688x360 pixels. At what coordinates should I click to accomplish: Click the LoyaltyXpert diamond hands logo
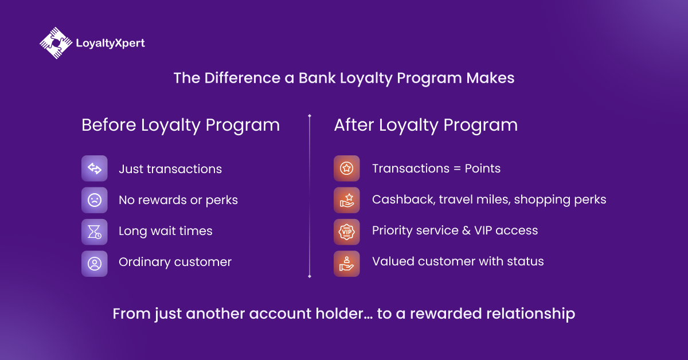[x=56, y=43]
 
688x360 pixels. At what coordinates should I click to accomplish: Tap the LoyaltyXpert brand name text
[x=110, y=44]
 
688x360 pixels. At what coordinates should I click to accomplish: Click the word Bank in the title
[x=317, y=78]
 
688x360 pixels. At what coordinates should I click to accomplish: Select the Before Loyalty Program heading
[x=181, y=126]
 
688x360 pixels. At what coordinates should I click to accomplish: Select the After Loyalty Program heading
[x=425, y=126]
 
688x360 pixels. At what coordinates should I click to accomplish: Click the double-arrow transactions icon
[x=94, y=169]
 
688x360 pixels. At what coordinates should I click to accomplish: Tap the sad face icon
[x=94, y=200]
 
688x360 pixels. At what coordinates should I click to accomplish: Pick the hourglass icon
[x=94, y=232]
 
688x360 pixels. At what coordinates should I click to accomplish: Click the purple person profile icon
[x=94, y=264]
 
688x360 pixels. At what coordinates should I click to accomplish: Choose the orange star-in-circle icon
[x=346, y=169]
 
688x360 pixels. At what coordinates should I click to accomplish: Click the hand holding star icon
[x=346, y=200]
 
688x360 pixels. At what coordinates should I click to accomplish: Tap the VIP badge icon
[x=346, y=232]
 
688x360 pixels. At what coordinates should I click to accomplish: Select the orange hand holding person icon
[x=346, y=264]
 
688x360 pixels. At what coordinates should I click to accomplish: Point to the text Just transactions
[x=170, y=169]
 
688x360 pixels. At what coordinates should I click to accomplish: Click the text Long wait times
[x=166, y=231]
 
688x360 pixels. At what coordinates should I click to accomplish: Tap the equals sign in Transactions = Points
[x=457, y=169]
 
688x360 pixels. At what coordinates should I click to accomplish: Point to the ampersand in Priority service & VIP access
[x=466, y=230]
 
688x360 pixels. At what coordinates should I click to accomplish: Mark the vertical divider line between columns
[x=310, y=196]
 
